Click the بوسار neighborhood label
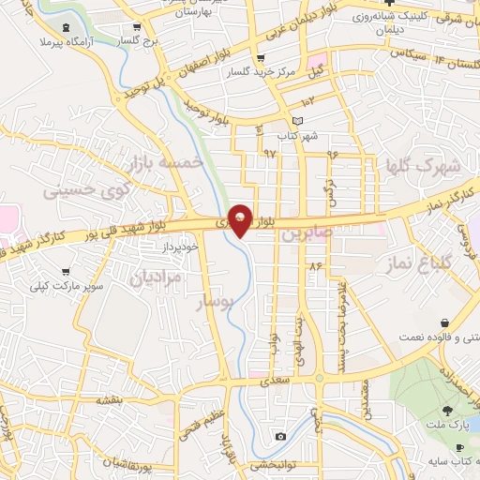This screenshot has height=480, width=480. tap(212, 302)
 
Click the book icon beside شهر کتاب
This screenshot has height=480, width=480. tap(298, 121)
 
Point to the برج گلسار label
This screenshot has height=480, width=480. tap(142, 42)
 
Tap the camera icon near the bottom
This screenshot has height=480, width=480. tap(280, 437)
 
